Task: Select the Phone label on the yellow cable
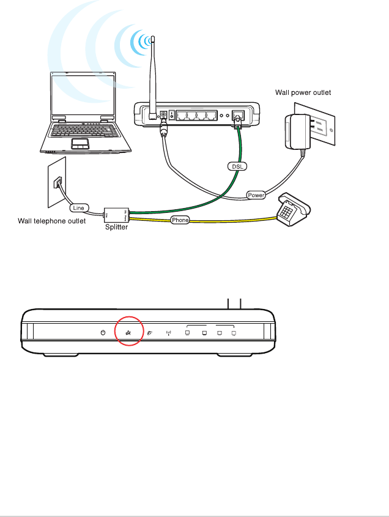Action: click(180, 220)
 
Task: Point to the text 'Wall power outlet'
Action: click(302, 93)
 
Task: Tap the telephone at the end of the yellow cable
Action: click(292, 210)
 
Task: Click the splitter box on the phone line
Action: click(116, 214)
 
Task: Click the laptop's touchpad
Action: click(80, 143)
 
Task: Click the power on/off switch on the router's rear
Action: click(172, 115)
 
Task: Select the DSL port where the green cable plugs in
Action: click(239, 115)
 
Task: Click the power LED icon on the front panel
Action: click(103, 332)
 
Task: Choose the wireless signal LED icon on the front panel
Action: click(169, 333)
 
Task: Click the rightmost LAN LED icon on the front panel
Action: click(234, 333)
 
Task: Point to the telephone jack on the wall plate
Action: click(57, 182)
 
